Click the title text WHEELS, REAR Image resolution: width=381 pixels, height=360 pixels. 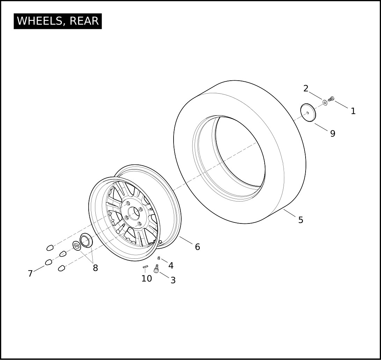(58, 21)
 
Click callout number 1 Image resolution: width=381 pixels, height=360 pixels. (353, 111)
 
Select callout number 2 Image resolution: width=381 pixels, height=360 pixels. (306, 88)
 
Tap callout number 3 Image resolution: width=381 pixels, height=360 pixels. (173, 280)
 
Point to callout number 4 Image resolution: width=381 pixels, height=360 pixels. (171, 265)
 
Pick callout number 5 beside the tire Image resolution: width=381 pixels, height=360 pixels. (301, 220)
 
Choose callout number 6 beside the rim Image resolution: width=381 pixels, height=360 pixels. (197, 247)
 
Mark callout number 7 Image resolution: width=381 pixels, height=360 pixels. (30, 273)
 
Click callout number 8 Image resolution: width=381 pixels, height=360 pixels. (95, 268)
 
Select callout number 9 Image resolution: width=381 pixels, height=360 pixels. (333, 133)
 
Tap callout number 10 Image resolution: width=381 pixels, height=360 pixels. (147, 278)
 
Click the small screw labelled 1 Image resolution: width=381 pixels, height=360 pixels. (331, 98)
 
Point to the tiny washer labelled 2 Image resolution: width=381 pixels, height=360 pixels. (325, 103)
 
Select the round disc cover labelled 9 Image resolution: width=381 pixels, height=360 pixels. (308, 113)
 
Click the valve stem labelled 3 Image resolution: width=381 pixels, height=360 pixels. (156, 269)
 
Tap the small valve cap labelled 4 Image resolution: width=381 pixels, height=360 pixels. (159, 258)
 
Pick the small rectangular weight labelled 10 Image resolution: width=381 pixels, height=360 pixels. (145, 267)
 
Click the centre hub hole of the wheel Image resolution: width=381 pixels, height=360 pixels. (134, 213)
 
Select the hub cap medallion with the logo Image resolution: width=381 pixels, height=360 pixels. (77, 246)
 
